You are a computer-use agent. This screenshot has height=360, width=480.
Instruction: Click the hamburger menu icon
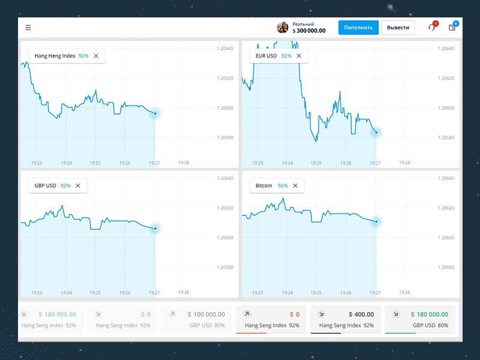[x=28, y=28]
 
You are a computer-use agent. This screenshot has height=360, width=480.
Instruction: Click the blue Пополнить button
[x=358, y=28]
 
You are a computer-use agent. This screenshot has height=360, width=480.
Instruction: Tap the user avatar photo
[x=283, y=28]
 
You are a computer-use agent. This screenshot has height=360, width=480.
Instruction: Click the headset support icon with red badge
[x=431, y=28]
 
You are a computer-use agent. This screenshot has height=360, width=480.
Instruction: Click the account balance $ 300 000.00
[x=309, y=31]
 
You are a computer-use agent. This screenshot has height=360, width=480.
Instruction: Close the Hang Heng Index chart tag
[x=96, y=56]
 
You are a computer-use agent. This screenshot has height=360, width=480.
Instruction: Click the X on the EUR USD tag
[x=299, y=56]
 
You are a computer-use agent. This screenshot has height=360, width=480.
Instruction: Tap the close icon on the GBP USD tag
[x=78, y=186]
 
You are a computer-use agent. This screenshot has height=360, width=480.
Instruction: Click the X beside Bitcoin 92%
[x=295, y=186]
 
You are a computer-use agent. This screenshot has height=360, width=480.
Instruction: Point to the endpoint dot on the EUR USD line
[x=376, y=132]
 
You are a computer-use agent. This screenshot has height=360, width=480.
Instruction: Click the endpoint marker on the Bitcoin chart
[x=376, y=221]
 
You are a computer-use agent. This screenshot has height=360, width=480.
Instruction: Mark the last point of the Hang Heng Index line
[x=155, y=113]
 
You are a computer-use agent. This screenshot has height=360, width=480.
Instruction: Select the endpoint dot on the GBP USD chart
[x=155, y=228]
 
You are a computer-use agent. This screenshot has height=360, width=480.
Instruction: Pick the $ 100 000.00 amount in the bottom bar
[x=206, y=314]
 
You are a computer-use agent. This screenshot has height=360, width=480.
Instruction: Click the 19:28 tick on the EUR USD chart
[x=404, y=163]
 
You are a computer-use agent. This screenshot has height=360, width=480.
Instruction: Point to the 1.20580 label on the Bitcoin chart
[x=447, y=268]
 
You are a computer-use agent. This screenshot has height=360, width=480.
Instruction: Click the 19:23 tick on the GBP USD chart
[x=37, y=292]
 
